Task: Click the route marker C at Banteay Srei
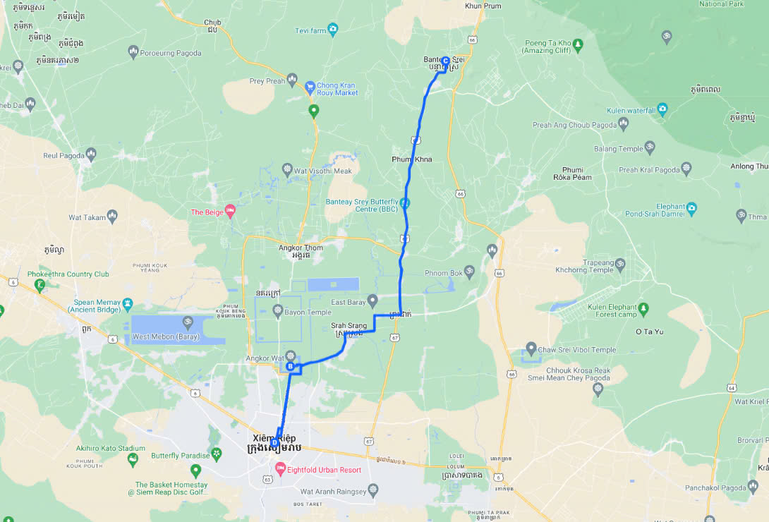pos(445,61)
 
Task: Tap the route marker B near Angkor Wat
pos(289,366)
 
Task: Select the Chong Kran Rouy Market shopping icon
pos(309,88)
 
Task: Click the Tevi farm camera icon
pos(333,29)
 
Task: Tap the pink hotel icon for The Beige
pos(230,212)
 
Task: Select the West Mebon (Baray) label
pos(166,336)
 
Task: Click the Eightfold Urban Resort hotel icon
pos(280,469)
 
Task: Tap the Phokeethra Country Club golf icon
pos(40,285)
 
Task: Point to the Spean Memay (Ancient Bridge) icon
pos(127,305)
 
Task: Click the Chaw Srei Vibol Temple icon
pos(531,350)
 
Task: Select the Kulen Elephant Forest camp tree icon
pos(643,309)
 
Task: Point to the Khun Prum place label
pos(483,6)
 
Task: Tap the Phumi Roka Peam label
pos(576,174)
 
